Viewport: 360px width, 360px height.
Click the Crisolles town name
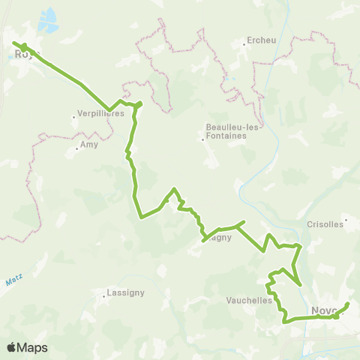click(x=325, y=223)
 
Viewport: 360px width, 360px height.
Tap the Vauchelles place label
click(x=250, y=299)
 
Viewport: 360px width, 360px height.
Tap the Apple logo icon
click(x=11, y=347)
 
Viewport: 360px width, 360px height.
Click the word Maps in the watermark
click(x=33, y=347)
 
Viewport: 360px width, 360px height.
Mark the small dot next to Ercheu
click(x=244, y=43)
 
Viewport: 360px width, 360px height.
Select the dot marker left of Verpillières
click(x=73, y=116)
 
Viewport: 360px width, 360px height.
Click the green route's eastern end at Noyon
click(x=349, y=304)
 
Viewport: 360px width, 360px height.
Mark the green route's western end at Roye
click(x=13, y=43)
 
